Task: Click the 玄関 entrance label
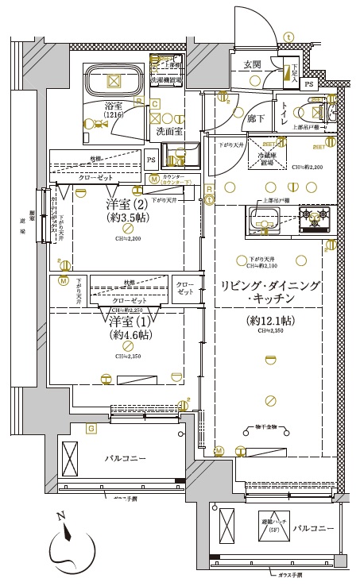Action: click(x=253, y=64)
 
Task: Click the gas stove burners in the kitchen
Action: click(x=313, y=217)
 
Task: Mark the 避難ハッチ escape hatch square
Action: click(x=231, y=526)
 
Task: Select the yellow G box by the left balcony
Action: click(x=91, y=430)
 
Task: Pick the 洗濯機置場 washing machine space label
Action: click(x=165, y=80)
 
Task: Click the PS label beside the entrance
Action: click(x=309, y=83)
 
